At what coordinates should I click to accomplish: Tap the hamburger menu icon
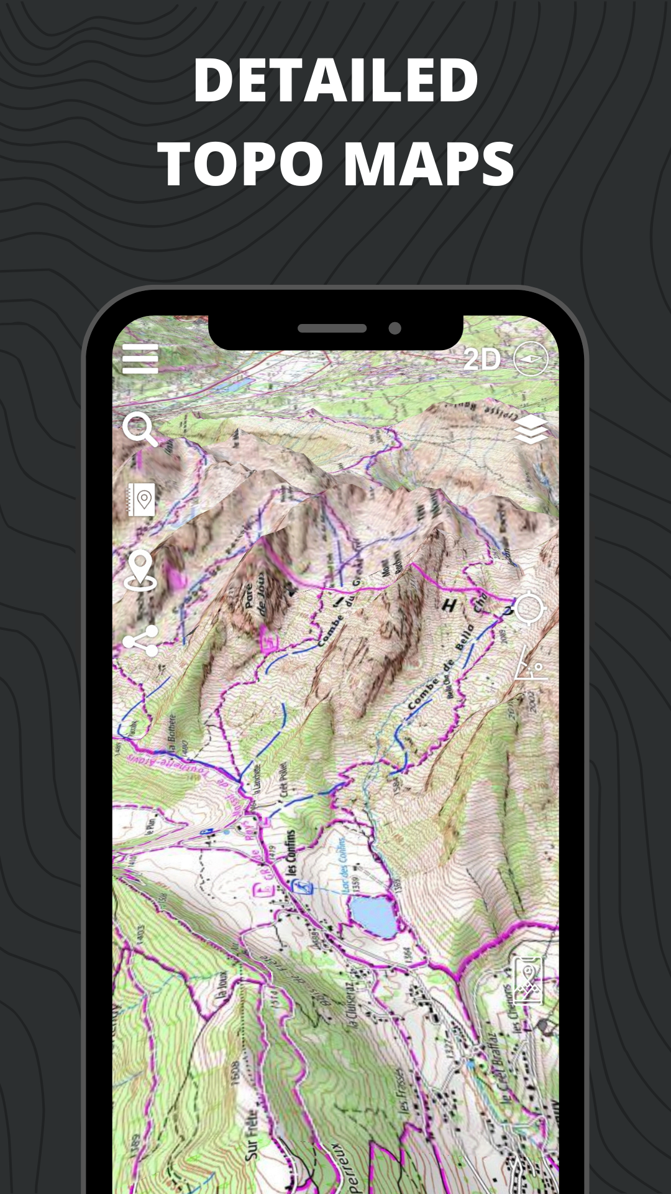(x=140, y=359)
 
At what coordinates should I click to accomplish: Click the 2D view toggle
(x=482, y=359)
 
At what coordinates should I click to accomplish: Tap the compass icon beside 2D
(x=531, y=359)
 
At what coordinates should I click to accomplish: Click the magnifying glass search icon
(x=139, y=428)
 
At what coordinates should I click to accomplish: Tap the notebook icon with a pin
(x=141, y=499)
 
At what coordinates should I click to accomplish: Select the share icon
(x=141, y=641)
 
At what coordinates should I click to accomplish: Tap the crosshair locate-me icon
(x=529, y=608)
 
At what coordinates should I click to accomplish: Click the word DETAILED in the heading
(x=335, y=81)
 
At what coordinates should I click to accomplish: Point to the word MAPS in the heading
(x=429, y=164)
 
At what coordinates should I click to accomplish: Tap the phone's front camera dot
(x=395, y=328)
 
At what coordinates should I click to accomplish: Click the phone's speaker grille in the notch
(x=332, y=328)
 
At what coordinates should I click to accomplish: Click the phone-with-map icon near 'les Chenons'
(x=527, y=981)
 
